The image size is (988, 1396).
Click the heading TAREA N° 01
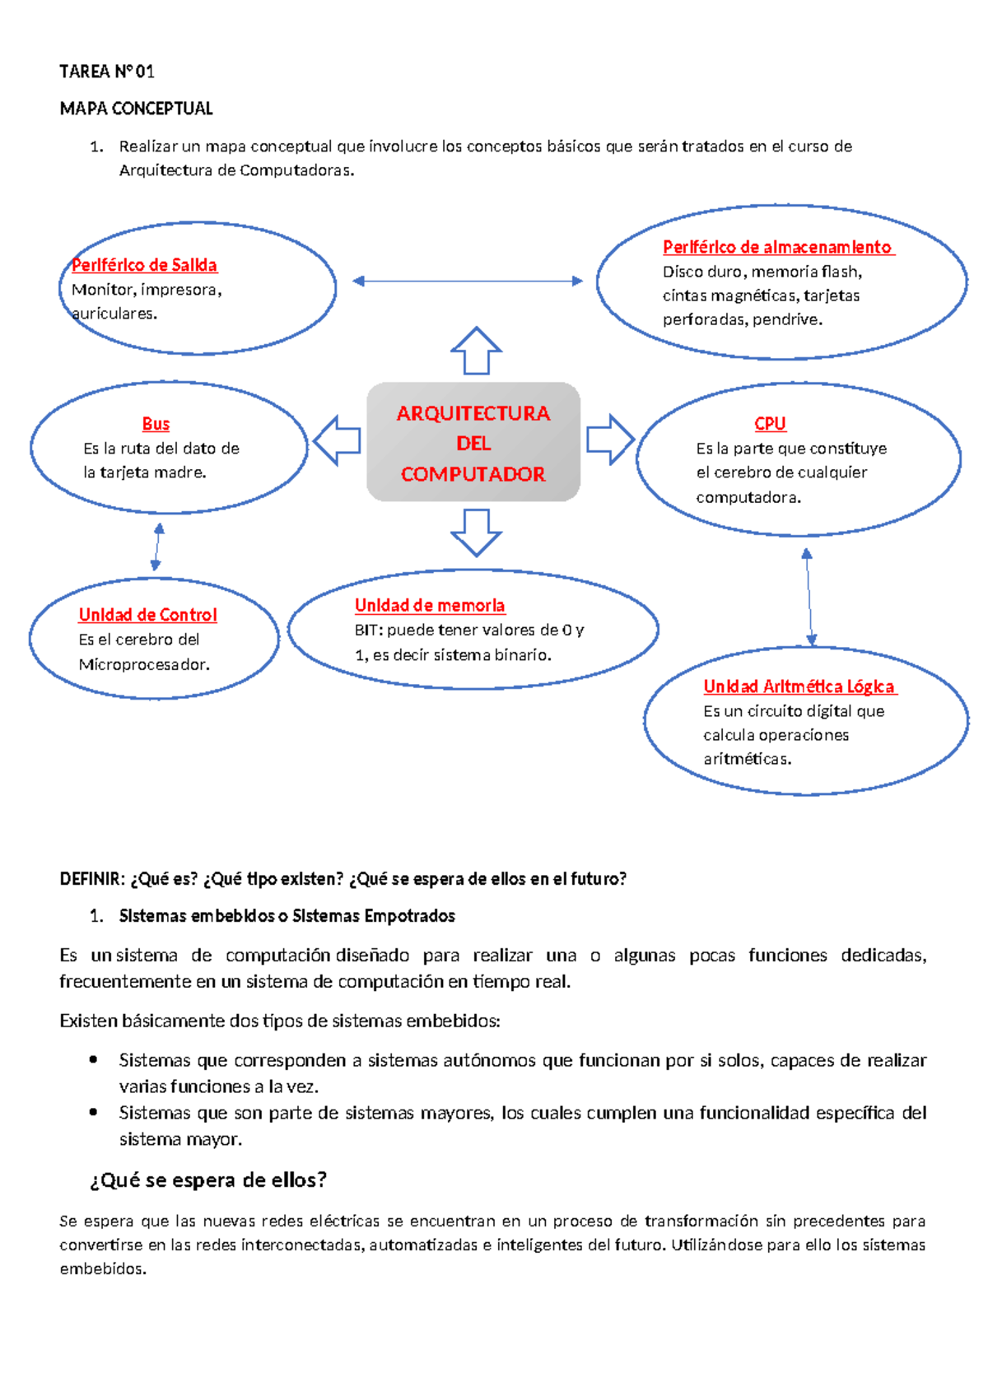pos(107,72)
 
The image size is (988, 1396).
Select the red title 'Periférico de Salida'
pos(144,265)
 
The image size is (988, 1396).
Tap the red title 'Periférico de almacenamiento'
pos(777,247)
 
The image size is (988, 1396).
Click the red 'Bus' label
pos(156,424)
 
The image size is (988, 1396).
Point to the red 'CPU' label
pos(770,424)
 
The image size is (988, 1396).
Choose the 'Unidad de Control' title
pos(147,615)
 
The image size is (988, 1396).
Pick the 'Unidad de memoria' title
pos(430,606)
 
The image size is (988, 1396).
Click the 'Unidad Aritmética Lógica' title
pos(799,686)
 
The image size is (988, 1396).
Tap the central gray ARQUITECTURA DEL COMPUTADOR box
pos(473,442)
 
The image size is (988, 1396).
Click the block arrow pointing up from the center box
pos(476,351)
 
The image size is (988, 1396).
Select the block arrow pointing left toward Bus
pos(338,440)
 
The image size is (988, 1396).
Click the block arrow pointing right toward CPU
pos(610,440)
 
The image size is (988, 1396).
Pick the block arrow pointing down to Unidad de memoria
pos(476,532)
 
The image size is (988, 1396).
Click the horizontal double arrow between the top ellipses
pos(468,282)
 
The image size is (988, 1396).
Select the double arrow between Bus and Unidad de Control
pos(157,547)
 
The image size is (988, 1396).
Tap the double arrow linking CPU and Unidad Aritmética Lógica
pos(809,597)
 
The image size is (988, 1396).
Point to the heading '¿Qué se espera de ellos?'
pos(208,1180)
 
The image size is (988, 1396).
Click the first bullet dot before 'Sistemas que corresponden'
pos(94,1059)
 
